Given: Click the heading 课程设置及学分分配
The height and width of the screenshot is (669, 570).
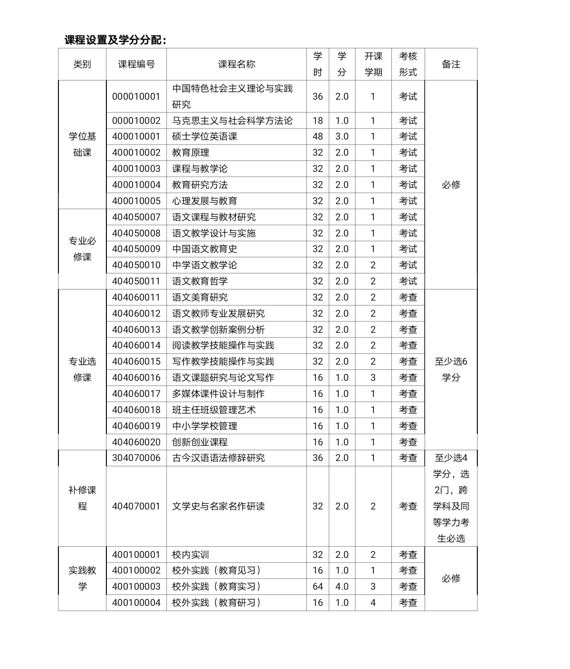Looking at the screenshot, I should click(115, 40).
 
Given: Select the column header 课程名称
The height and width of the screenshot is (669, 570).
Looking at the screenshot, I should click(237, 65).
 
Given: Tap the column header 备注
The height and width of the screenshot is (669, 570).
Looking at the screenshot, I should click(451, 65).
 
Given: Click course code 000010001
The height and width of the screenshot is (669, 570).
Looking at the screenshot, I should click(136, 96).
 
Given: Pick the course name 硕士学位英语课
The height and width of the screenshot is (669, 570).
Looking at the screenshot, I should click(205, 137).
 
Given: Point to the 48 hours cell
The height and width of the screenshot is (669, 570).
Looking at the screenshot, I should click(318, 137).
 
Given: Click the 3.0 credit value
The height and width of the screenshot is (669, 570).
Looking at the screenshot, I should click(342, 137).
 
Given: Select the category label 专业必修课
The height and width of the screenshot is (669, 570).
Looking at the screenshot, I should click(82, 249).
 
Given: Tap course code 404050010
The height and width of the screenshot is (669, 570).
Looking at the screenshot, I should click(136, 265).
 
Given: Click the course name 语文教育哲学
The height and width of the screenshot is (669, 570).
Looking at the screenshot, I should click(200, 281).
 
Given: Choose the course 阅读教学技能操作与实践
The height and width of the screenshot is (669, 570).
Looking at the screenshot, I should click(223, 346).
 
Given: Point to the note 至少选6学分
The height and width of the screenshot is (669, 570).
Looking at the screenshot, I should click(451, 369).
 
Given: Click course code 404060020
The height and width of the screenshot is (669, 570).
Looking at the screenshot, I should click(136, 442).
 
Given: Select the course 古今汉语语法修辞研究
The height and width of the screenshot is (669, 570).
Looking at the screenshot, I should click(218, 458).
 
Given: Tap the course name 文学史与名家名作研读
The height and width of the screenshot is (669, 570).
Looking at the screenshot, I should click(218, 506).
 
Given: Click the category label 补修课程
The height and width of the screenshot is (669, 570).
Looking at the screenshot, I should click(82, 498).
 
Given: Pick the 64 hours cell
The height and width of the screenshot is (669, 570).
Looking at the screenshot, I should click(318, 586).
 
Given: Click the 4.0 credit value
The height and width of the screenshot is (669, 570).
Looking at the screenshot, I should click(342, 586).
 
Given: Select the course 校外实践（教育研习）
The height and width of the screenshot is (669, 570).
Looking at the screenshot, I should click(217, 603).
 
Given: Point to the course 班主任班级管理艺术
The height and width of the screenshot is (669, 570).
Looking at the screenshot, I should click(214, 410).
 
